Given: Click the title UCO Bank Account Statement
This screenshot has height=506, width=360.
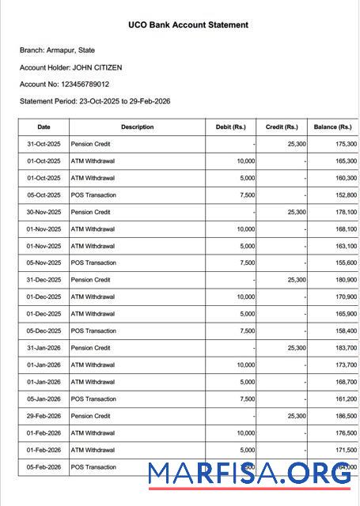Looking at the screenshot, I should click(x=188, y=25).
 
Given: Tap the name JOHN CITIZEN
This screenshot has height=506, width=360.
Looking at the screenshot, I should click(x=97, y=67).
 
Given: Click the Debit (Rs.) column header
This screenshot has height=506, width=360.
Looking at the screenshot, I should click(x=231, y=127).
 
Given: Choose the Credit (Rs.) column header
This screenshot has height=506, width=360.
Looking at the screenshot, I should click(x=282, y=127).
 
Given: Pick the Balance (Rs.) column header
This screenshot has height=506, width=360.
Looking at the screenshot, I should click(x=332, y=127).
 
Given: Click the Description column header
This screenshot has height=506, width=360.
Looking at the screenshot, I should click(x=138, y=127).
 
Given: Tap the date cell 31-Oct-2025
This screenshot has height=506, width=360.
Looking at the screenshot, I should click(x=44, y=144).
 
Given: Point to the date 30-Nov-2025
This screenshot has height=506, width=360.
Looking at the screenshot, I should click(x=44, y=212).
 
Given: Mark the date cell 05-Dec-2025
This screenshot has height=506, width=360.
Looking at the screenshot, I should click(x=44, y=331).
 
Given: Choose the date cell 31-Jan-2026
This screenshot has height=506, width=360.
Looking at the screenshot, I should click(x=44, y=348).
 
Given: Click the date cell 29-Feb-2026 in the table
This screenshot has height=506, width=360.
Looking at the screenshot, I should click(x=44, y=416).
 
